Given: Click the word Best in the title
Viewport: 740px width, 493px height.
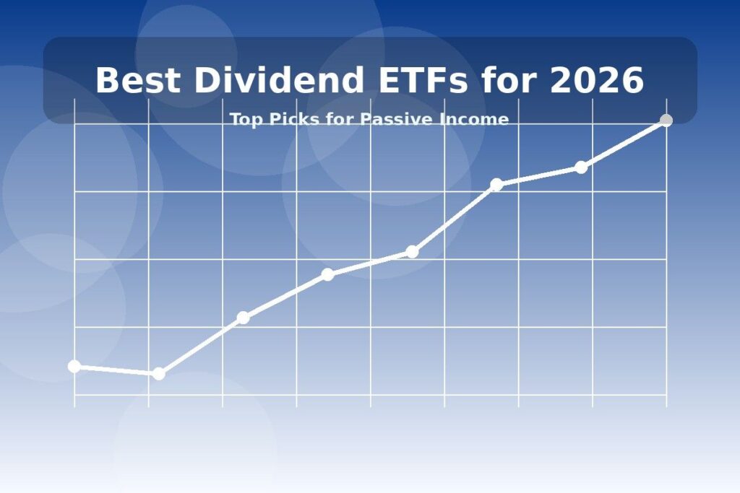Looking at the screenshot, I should coord(137,80).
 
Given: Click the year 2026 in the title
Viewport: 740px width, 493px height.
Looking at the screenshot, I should coord(596,80).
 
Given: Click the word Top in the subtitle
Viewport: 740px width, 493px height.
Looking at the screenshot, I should coord(245,119).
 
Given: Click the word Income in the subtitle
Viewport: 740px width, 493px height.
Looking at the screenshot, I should coord(474,119).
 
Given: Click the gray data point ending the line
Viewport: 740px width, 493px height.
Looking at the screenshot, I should coord(666,121).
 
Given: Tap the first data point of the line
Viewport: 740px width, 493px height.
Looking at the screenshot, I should coord(74,366).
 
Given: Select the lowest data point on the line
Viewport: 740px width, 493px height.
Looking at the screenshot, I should coord(159,373).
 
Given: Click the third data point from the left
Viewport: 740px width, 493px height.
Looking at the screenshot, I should coord(243,318).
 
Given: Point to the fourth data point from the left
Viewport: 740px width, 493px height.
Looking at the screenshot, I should coord(327,274).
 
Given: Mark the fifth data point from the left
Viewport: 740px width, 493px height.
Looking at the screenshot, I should coord(412,252).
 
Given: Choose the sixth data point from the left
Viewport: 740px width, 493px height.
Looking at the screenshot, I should coord(496,185).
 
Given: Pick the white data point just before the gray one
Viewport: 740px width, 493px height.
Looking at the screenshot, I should coord(581,167).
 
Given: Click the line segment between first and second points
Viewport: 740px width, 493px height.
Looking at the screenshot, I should coord(116,370).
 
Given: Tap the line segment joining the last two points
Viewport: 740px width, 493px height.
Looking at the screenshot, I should coord(624,144).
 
